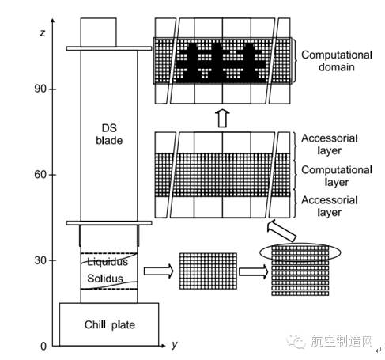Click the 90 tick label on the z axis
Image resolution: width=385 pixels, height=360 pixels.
coord(40,89)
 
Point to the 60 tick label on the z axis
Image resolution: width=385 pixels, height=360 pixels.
coord(40,174)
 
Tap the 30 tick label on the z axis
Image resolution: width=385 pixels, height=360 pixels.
coord(40,260)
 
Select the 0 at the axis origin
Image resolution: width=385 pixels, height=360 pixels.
coord(43,347)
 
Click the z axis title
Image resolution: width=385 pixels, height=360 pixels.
coord(42,33)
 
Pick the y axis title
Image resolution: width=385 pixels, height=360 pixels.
coord(175,345)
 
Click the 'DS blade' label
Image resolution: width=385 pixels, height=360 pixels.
coord(109,135)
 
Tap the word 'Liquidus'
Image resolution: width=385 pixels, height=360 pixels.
coord(108,262)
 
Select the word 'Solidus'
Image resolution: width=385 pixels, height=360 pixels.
coord(105,279)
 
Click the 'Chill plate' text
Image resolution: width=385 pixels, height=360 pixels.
coord(110,325)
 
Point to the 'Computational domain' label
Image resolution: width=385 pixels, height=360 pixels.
coord(337,61)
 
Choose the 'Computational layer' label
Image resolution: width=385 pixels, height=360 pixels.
coord(337,176)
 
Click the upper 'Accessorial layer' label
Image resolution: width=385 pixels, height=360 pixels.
coord(330,145)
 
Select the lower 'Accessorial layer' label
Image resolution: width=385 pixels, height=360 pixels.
coord(330,207)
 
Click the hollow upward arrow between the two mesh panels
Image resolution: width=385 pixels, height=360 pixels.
coord(222,118)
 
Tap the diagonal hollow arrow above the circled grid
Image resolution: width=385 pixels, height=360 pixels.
coord(281,231)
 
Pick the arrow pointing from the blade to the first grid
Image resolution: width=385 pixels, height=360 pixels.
coord(159,271)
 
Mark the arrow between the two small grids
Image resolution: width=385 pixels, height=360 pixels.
coord(253,271)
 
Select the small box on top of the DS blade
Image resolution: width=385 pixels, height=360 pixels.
coord(99,32)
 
